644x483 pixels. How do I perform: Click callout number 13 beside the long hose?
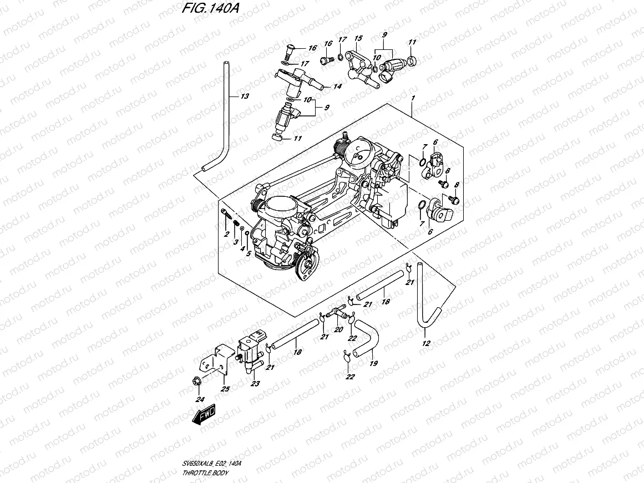[245, 96]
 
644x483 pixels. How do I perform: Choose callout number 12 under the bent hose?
[425, 343]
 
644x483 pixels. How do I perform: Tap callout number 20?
[338, 329]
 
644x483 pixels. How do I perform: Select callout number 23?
[255, 383]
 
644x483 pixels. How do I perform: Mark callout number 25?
[225, 388]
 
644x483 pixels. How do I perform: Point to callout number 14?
[337, 87]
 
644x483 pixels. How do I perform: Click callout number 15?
[358, 38]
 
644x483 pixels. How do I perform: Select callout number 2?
[226, 236]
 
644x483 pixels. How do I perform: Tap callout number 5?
[249, 253]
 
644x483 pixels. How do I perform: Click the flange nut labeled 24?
[196, 381]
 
